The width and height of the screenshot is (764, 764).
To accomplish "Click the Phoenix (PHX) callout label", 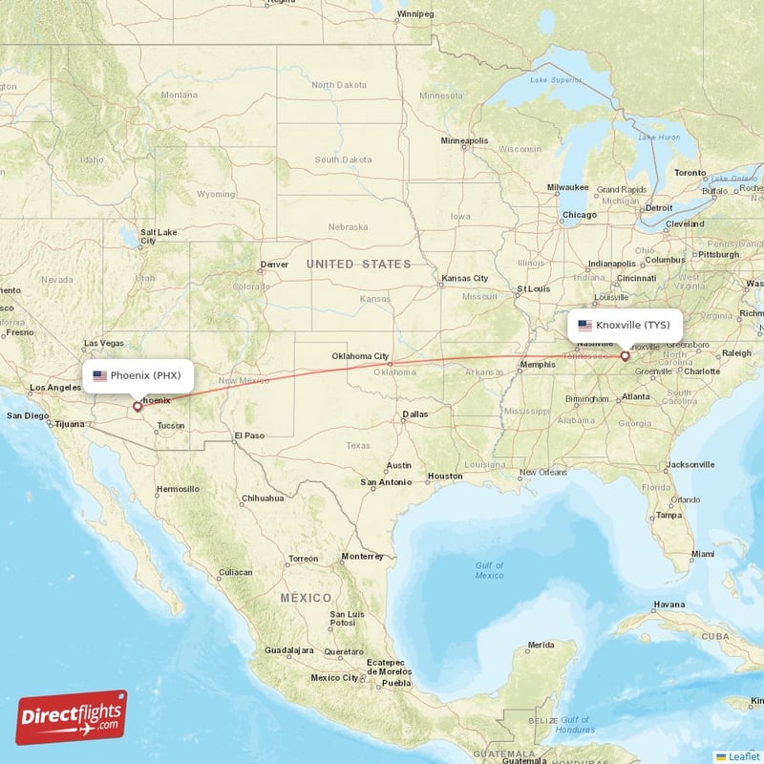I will (x=138, y=375).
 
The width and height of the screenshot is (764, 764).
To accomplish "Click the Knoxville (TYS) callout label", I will (x=625, y=325).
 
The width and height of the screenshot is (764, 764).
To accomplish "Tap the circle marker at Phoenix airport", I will (x=138, y=406).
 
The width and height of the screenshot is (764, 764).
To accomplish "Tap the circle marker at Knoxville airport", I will (x=625, y=356).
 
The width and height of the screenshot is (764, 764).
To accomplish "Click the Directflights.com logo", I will (x=72, y=717).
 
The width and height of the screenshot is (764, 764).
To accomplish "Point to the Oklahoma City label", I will (x=360, y=356).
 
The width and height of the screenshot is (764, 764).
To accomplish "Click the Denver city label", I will (x=274, y=265).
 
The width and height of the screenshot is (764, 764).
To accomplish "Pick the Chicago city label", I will (x=579, y=215).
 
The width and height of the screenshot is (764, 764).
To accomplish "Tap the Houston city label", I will (x=444, y=476).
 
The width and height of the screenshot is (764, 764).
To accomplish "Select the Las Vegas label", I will (x=103, y=343).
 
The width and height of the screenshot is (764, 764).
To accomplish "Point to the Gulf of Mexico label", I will (x=489, y=570).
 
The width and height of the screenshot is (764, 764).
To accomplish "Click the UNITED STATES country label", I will (x=358, y=264).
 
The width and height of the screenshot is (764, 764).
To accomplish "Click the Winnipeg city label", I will (x=415, y=14).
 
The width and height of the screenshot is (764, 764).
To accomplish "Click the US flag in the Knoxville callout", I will (x=584, y=325).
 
